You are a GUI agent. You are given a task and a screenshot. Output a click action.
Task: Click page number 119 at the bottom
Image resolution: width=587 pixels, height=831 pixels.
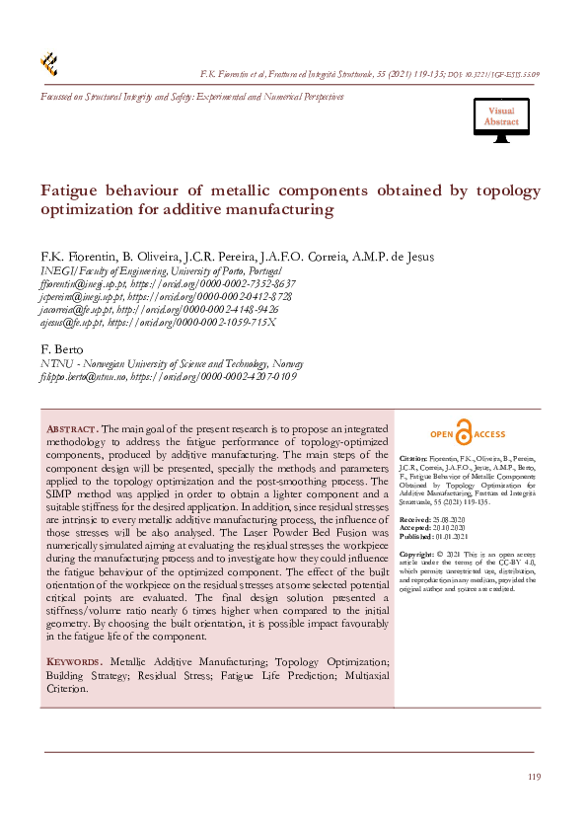coord(534,778)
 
